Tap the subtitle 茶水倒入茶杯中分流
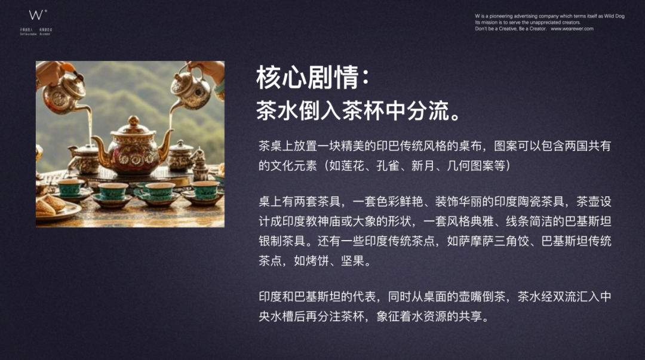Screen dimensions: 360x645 [358, 110]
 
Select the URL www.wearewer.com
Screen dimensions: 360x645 [572, 29]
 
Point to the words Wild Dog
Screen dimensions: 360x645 [613, 16]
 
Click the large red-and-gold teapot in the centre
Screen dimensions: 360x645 [133, 149]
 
